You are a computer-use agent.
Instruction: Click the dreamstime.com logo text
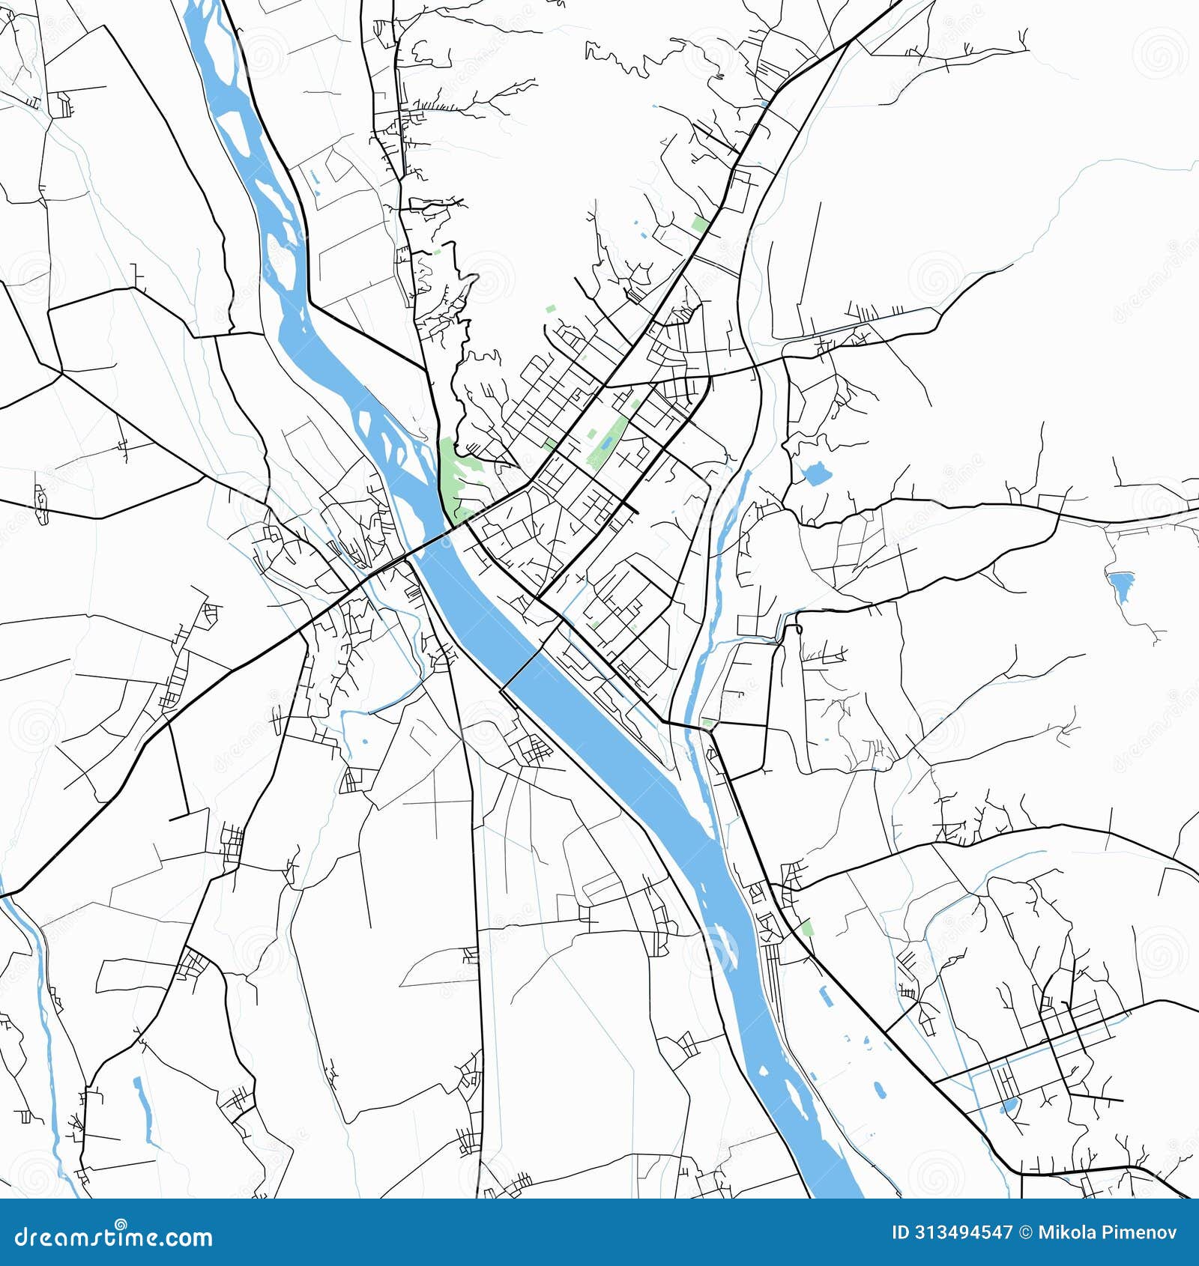click(114, 1236)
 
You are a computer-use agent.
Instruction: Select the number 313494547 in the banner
click(962, 1232)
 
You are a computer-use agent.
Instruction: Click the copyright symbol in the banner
click(1025, 1232)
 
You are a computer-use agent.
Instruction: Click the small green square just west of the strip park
click(590, 433)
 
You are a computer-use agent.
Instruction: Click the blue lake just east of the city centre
click(815, 473)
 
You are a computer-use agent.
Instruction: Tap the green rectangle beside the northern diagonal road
click(701, 223)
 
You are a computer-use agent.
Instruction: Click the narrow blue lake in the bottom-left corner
click(144, 1104)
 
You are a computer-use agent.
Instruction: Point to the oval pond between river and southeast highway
click(878, 1088)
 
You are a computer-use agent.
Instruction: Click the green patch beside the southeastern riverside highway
click(807, 929)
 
